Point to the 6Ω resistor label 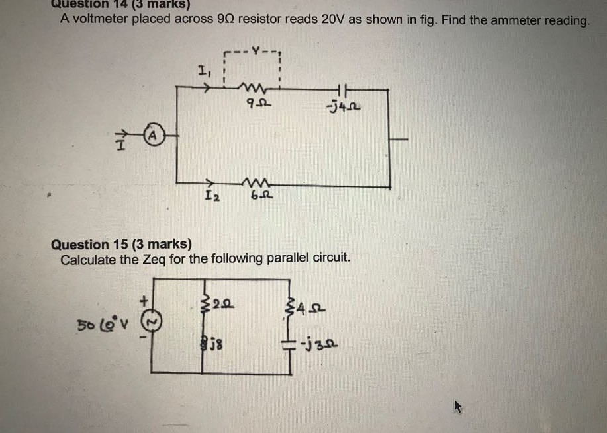256,196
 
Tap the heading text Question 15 93,245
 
